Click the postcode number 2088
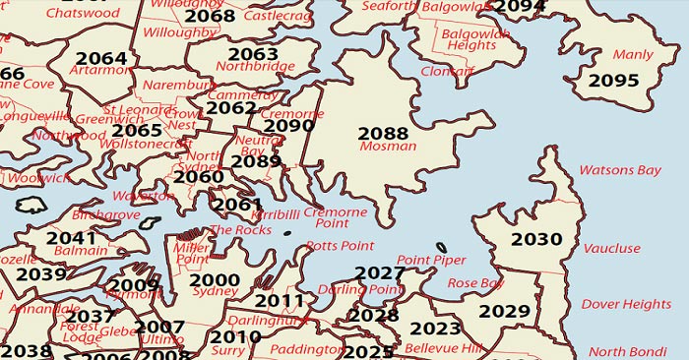(383, 133)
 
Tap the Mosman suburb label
(382, 147)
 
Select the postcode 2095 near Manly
(613, 81)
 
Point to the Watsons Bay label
(619, 170)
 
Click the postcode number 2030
(536, 239)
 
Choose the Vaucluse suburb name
(611, 249)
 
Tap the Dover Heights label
(627, 305)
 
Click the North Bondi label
(627, 352)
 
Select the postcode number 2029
(504, 312)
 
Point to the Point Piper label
(431, 260)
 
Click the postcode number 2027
(380, 272)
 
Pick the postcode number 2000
(214, 280)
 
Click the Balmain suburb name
(81, 251)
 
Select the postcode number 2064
(101, 58)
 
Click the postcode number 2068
(210, 16)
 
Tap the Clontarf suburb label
(446, 72)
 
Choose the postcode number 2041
(71, 238)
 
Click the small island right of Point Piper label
(441, 247)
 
